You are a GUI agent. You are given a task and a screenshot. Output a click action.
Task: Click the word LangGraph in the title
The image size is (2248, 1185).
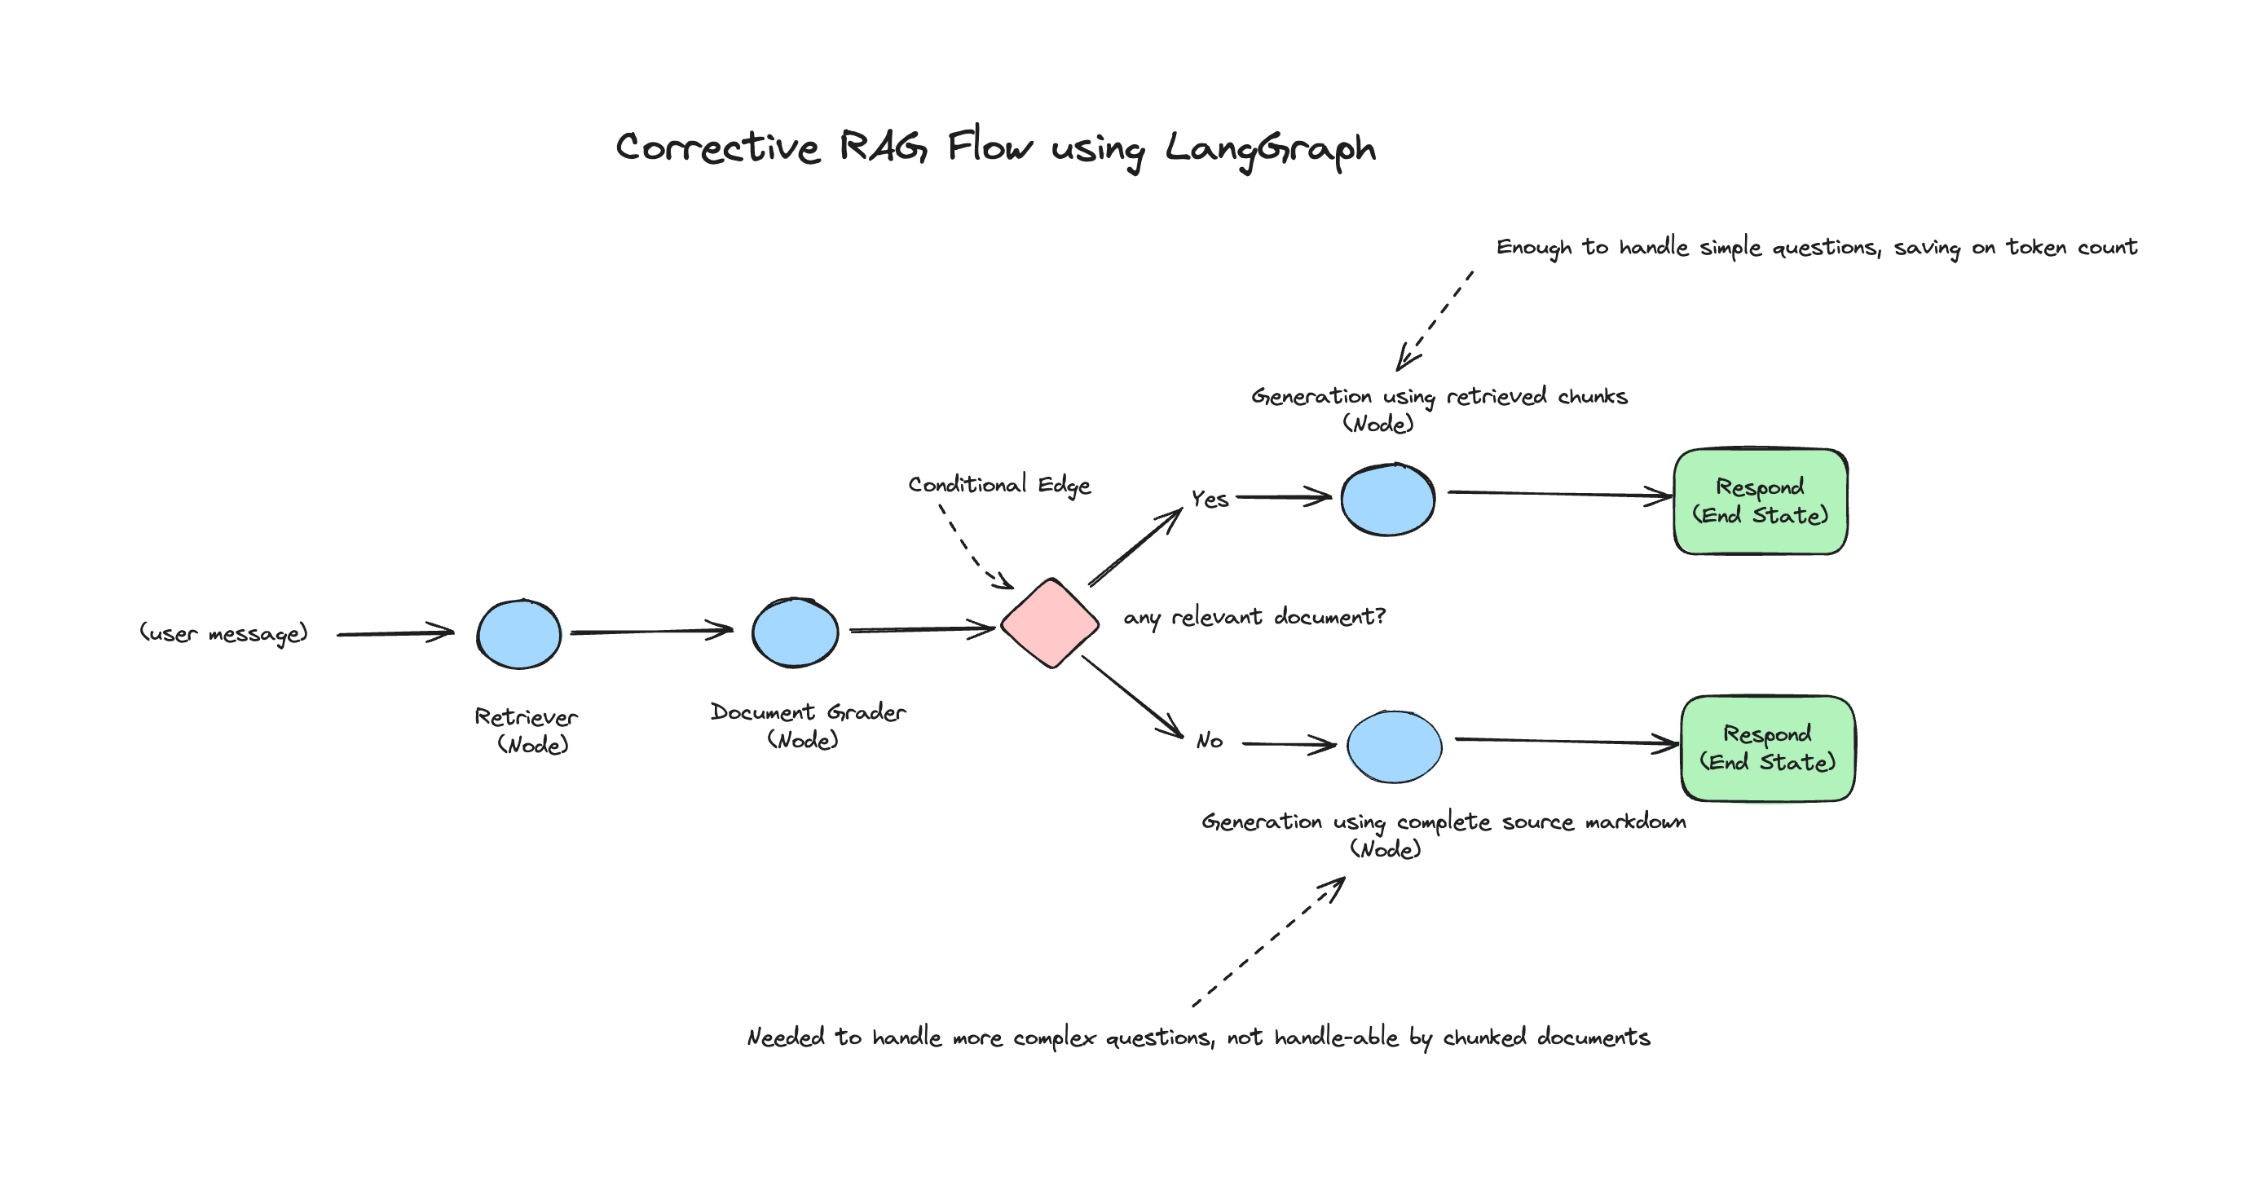click(1270, 148)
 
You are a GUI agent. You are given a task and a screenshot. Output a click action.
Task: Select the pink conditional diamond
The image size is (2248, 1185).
click(1050, 623)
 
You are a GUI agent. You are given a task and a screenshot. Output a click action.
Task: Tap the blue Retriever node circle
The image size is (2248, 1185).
click(519, 634)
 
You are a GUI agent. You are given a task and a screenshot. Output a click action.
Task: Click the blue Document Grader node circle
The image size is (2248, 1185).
click(795, 632)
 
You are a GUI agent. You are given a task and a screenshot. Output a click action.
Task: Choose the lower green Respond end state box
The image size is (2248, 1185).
click(1767, 749)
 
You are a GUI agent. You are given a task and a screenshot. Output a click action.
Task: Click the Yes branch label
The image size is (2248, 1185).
click(1210, 499)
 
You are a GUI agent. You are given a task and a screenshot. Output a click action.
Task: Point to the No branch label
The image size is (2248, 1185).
click(1210, 742)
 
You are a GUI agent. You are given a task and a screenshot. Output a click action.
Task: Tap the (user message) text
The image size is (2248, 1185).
click(224, 633)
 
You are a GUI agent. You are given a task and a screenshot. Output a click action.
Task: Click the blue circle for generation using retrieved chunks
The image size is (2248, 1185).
click(1387, 500)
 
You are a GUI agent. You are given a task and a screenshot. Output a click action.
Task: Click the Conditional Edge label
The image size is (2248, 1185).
click(999, 485)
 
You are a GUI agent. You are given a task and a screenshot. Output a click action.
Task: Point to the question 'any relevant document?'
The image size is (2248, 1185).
click(1254, 618)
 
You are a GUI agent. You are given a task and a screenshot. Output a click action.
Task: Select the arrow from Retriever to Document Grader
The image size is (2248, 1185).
click(651, 631)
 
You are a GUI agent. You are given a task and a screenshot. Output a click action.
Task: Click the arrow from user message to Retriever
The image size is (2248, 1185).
click(395, 633)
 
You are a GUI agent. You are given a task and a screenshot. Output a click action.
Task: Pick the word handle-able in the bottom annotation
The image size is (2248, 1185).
click(1336, 1037)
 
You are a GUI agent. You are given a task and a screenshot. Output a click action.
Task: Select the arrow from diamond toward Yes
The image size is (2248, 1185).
click(1135, 548)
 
